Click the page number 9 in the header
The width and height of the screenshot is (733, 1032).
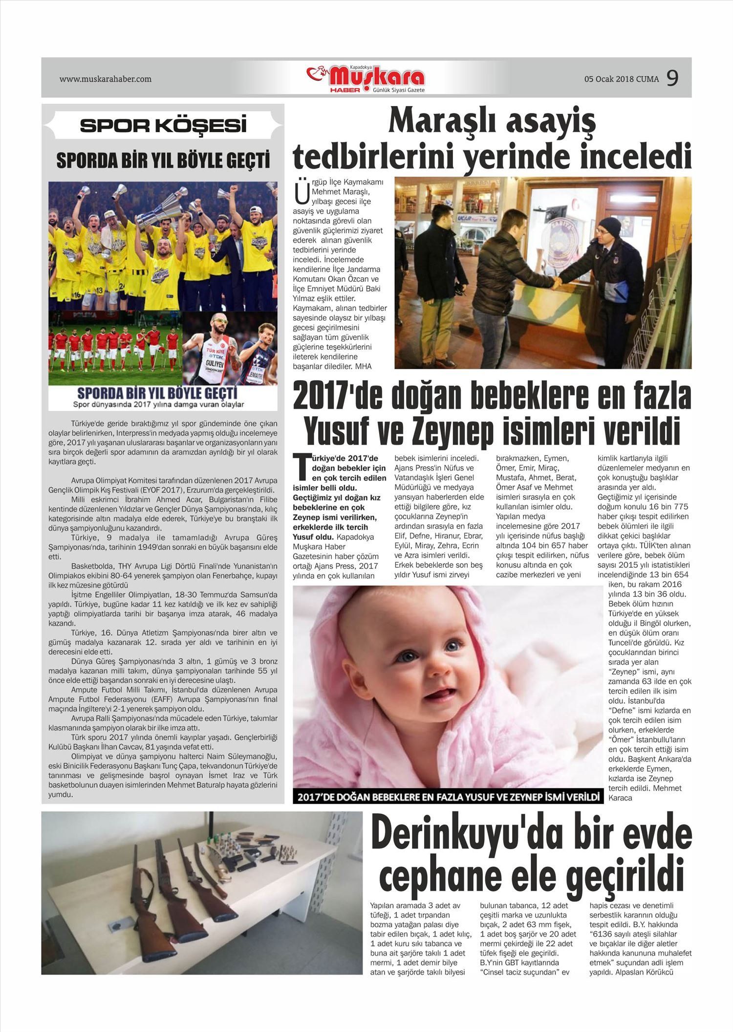pos(672,78)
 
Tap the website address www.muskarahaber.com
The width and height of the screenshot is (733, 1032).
pos(106,79)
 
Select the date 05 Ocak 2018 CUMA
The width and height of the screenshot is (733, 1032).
pos(621,79)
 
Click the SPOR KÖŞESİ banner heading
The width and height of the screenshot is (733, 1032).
pos(163,126)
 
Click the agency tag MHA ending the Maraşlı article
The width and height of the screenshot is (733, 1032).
pos(364,365)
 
